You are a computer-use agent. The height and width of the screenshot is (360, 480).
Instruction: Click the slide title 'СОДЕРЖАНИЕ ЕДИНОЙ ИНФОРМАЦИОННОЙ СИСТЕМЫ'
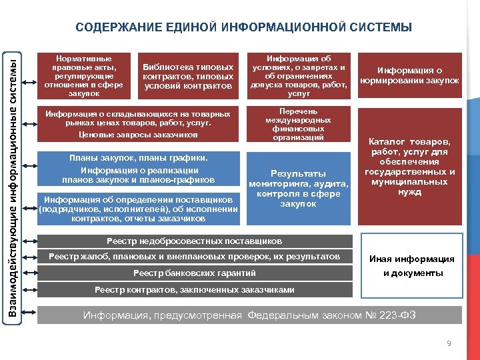243,28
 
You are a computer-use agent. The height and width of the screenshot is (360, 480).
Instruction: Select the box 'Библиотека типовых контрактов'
189,77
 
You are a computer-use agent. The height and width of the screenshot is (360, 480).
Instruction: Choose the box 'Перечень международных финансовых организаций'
299,124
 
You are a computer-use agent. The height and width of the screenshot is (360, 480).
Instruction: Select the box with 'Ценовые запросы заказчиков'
138,124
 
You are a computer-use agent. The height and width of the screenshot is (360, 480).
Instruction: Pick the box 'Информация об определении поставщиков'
138,209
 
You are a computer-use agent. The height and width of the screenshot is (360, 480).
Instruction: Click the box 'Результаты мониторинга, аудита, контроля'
299,188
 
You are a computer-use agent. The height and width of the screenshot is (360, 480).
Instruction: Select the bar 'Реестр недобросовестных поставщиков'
195,241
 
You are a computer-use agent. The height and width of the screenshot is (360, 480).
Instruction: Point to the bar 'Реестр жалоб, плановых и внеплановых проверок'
195,257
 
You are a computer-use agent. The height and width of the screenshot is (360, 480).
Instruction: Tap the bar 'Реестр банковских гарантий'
195,273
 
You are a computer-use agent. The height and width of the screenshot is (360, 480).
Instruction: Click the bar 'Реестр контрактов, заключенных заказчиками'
195,289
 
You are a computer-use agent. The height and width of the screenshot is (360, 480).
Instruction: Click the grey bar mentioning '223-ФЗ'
249,315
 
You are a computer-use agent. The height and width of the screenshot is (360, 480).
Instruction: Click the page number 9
449,343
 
